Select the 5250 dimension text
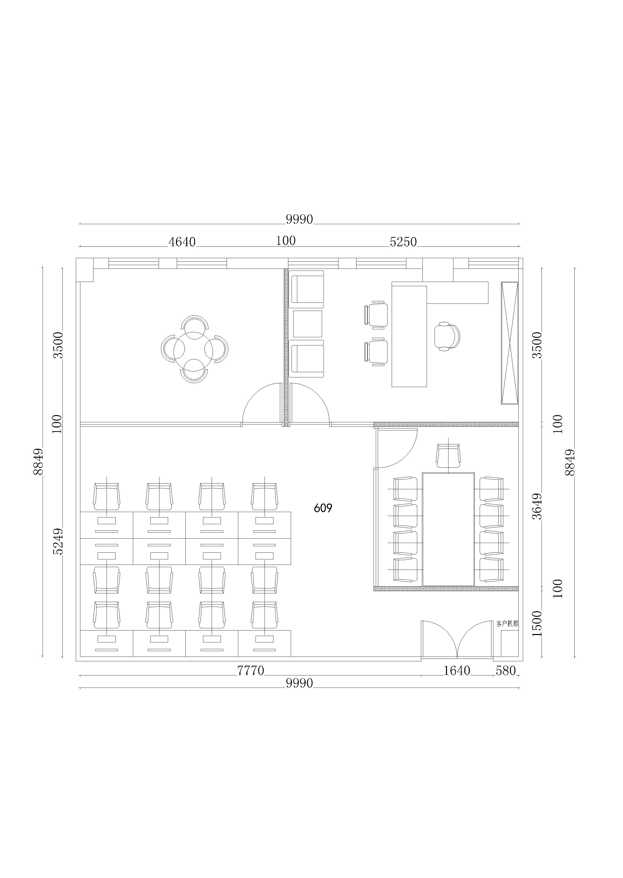click(403, 242)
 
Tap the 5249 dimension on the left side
click(58, 541)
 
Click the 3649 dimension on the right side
click(538, 506)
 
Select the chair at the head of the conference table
click(448, 456)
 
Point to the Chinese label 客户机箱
click(507, 624)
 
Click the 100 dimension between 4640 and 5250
click(286, 241)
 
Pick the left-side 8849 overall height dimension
click(38, 462)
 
